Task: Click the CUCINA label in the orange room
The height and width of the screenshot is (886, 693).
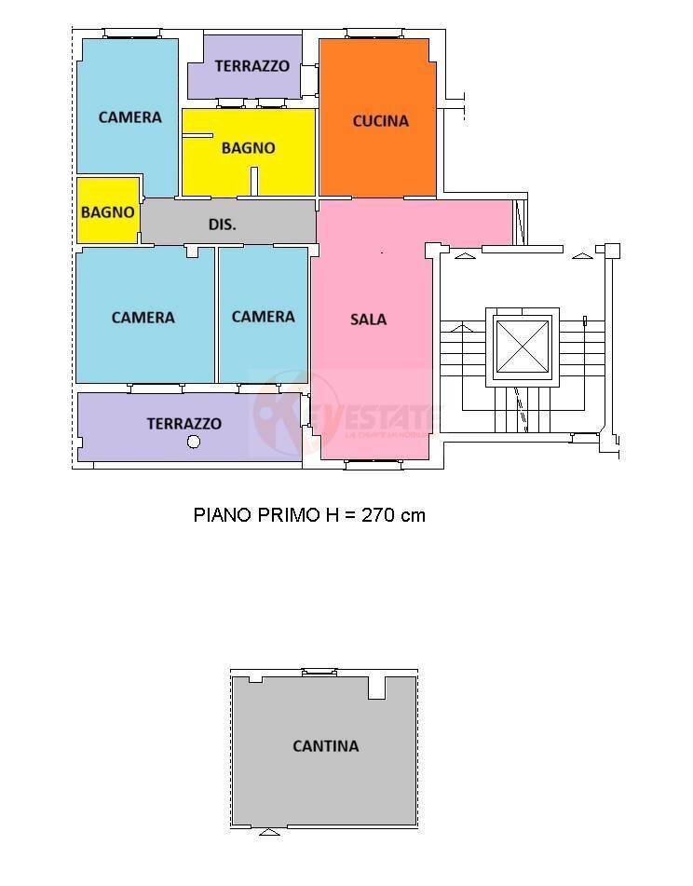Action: click(x=380, y=120)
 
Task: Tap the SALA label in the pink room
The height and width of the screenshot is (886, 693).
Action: click(x=368, y=319)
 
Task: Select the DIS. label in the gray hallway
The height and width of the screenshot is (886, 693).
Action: click(x=222, y=225)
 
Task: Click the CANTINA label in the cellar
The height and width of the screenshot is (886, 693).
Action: click(x=325, y=745)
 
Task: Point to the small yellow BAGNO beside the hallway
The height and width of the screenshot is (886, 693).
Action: click(x=107, y=211)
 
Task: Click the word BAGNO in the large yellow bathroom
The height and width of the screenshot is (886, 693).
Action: click(x=248, y=147)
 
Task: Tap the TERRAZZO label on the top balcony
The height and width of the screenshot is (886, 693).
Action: click(x=251, y=66)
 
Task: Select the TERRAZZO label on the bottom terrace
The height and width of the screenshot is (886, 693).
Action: click(x=183, y=423)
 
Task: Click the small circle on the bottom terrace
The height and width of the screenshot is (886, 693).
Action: click(x=194, y=442)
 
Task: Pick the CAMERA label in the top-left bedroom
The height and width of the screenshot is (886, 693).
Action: click(x=129, y=116)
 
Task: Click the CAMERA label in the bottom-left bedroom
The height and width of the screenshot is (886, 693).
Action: click(x=143, y=317)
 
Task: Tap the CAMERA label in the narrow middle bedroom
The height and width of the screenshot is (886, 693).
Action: click(x=263, y=316)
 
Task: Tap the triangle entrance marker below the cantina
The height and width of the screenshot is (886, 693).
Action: click(x=269, y=831)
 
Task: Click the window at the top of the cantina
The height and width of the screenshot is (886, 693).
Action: click(x=319, y=671)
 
